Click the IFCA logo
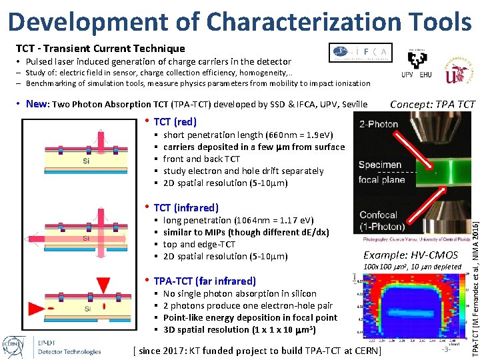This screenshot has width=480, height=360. pyautogui.click(x=361, y=52)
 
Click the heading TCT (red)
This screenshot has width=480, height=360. pyautogui.click(x=175, y=122)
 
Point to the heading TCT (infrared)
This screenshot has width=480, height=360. pyautogui.click(x=185, y=208)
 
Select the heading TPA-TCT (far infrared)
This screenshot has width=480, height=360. pyautogui.click(x=204, y=281)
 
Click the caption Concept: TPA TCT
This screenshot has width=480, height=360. pyautogui.click(x=432, y=105)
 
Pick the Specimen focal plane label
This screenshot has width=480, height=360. pyautogui.click(x=380, y=172)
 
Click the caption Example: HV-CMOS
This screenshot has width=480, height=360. pyautogui.click(x=410, y=255)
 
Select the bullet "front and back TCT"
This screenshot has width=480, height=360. pyautogui.click(x=201, y=159)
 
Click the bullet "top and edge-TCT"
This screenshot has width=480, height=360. pyautogui.click(x=199, y=245)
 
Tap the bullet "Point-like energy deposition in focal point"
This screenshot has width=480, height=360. pyautogui.click(x=250, y=318)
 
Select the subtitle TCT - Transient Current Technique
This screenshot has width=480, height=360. pyautogui.click(x=100, y=49)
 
